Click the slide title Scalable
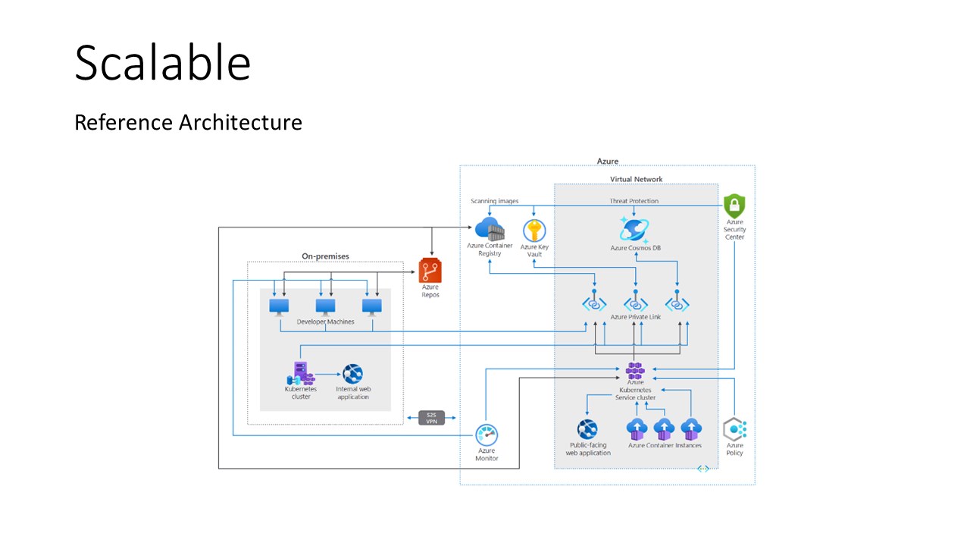162,63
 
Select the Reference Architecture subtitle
188,122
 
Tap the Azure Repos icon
430,270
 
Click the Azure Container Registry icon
490,229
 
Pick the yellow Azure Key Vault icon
534,231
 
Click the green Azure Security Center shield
734,206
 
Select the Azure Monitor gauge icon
487,435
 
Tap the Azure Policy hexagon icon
734,429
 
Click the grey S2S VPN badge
431,417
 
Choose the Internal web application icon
352,374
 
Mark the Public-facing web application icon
588,429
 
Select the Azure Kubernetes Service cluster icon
635,371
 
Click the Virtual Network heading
636,180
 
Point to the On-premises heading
325,256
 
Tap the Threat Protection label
634,201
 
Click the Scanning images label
495,201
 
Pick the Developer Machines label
325,322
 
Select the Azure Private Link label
635,316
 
